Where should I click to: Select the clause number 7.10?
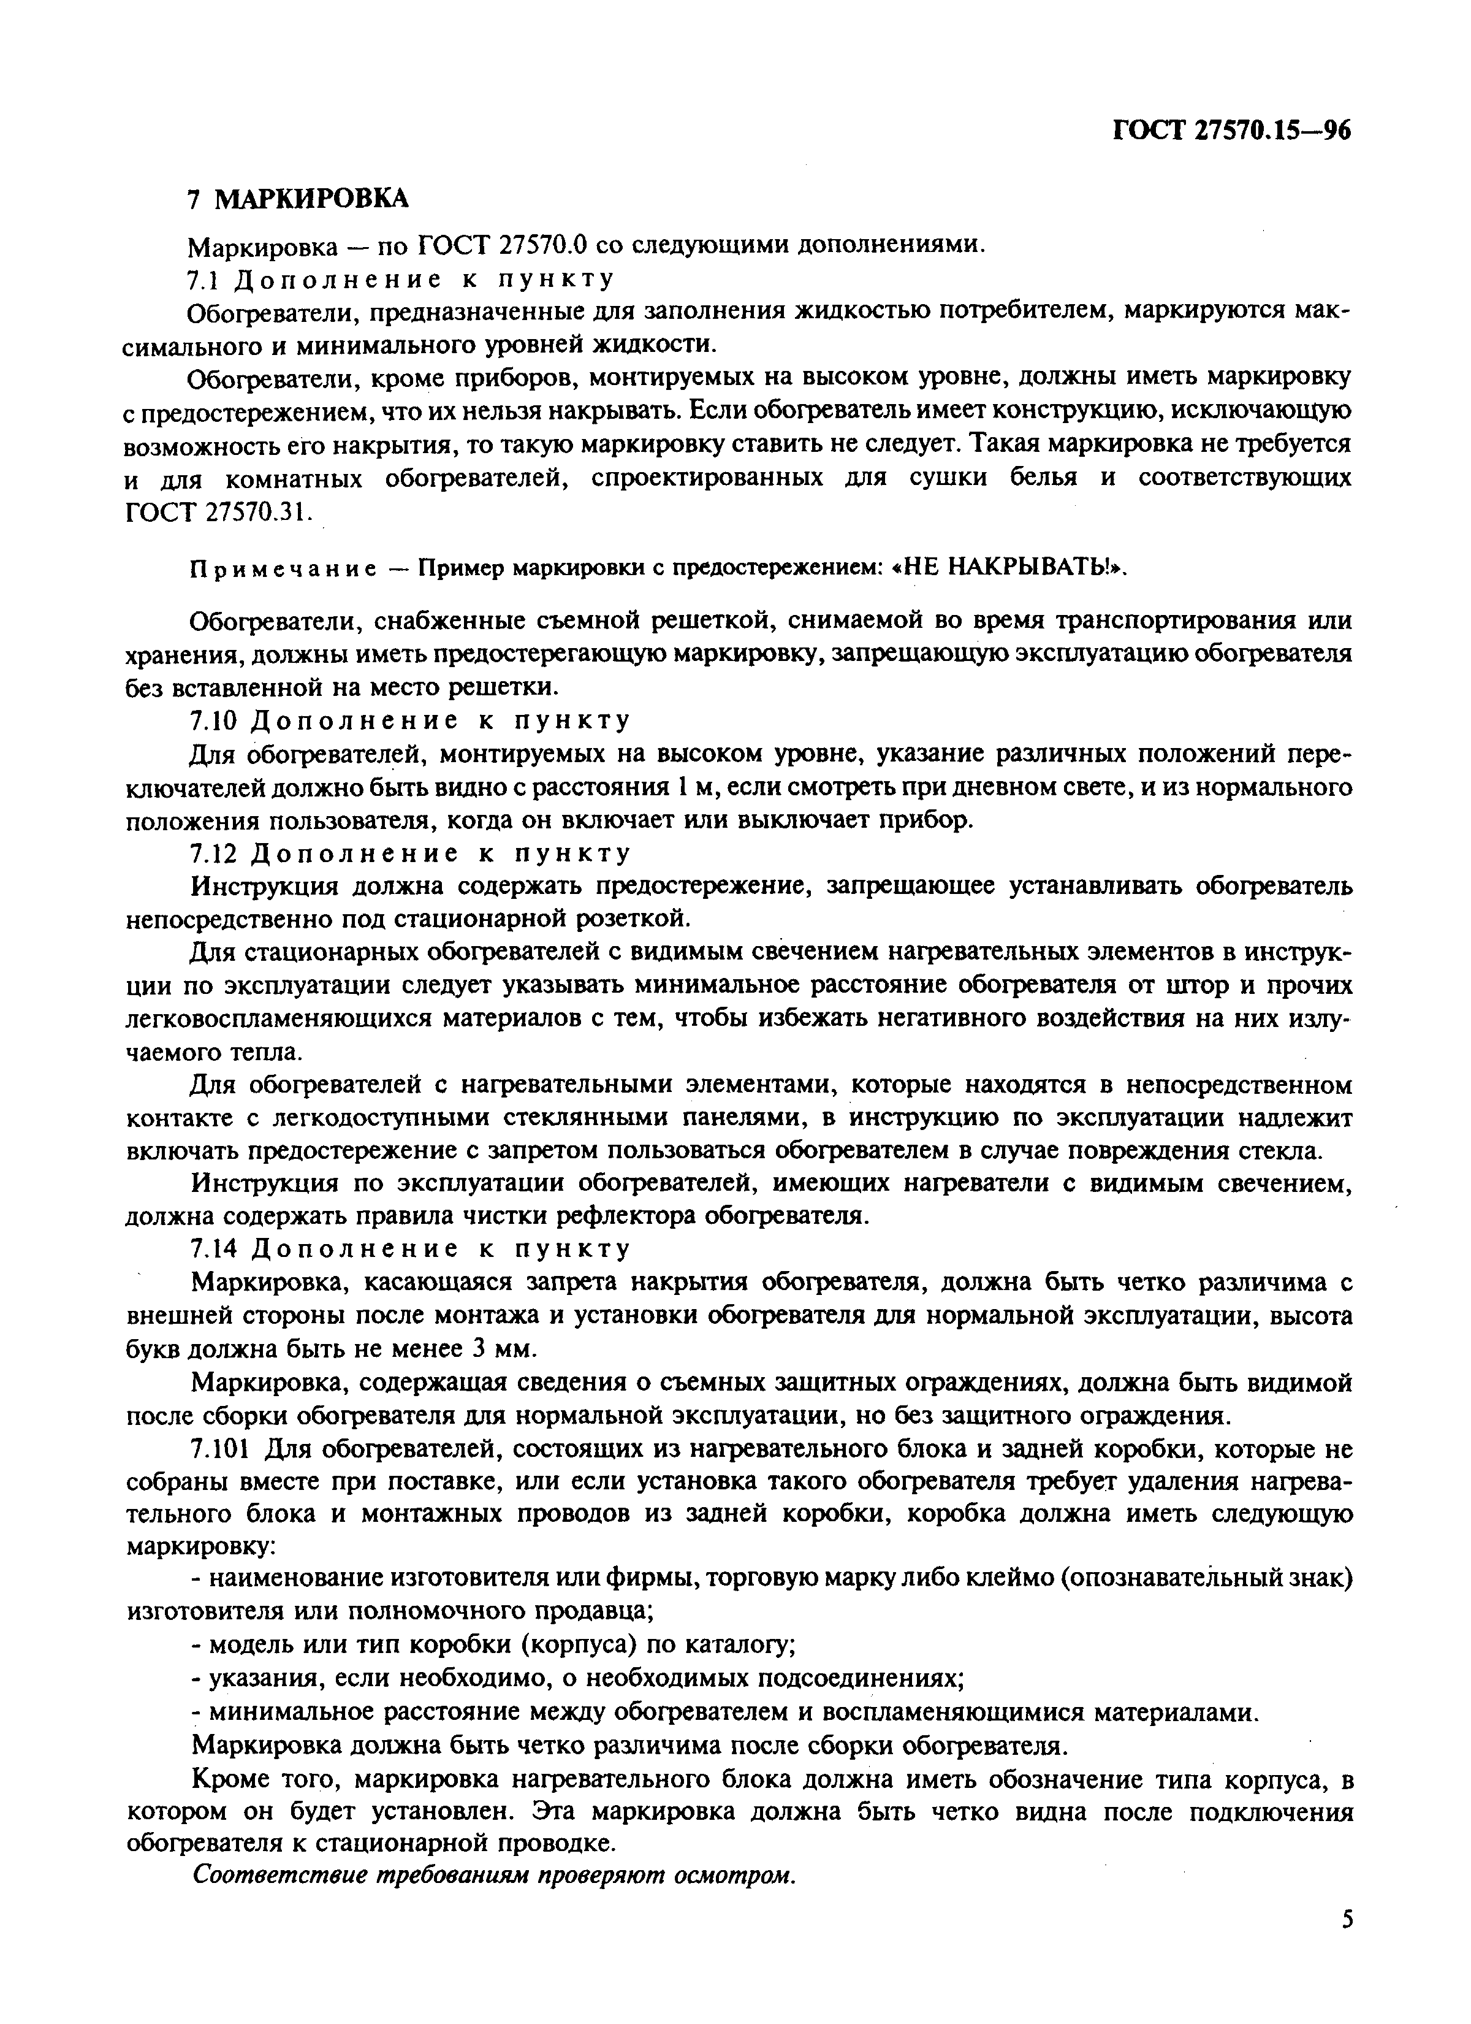(x=212, y=721)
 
